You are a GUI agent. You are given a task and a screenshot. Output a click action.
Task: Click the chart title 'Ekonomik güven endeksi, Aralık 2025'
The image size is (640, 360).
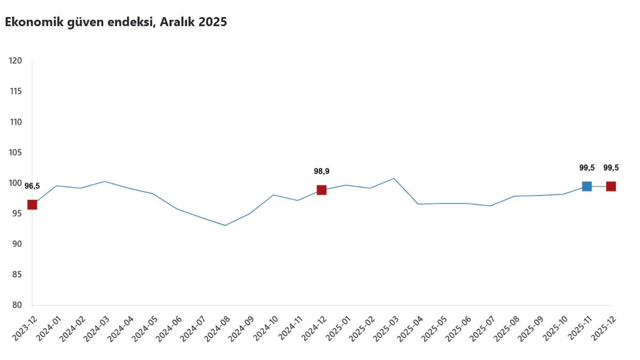[x=116, y=22]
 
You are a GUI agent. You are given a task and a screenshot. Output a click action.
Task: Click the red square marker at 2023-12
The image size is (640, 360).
[x=32, y=204]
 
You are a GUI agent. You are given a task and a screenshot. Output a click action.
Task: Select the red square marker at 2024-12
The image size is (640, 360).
[x=321, y=190]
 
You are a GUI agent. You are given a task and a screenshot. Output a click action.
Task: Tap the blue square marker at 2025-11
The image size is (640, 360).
[x=586, y=186]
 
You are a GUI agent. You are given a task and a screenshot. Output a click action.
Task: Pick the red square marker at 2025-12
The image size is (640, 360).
[x=610, y=186]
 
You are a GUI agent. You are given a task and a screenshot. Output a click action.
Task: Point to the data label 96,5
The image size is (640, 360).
[x=32, y=186]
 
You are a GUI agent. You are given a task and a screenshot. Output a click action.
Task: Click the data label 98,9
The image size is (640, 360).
[x=321, y=171]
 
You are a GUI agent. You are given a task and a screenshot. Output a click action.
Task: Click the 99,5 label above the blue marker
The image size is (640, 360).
[x=586, y=168]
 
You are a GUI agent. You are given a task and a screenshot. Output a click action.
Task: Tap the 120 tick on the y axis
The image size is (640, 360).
[x=15, y=60]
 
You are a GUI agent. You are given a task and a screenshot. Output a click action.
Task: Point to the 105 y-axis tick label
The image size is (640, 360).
[x=15, y=152]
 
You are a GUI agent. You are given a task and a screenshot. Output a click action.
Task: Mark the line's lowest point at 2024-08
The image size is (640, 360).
[x=225, y=225]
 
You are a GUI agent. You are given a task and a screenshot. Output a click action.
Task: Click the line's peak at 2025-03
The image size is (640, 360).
[x=394, y=178]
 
